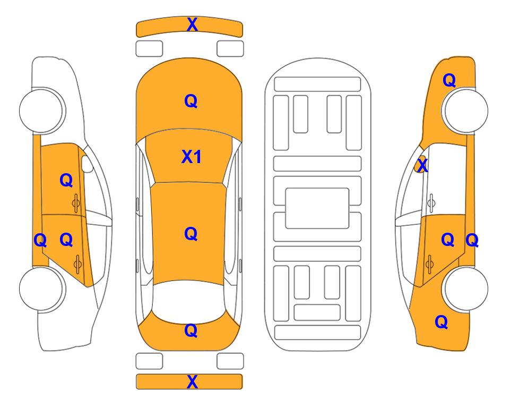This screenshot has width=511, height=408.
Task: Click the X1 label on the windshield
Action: click(x=192, y=157)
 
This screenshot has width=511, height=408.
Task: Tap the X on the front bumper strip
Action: click(x=192, y=24)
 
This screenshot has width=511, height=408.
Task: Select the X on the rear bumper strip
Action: click(x=192, y=381)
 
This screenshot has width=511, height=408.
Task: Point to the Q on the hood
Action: click(x=191, y=101)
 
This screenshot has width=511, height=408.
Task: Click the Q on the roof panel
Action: click(x=191, y=234)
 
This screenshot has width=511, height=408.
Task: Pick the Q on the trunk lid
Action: click(x=191, y=330)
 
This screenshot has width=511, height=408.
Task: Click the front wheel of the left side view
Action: click(x=41, y=110)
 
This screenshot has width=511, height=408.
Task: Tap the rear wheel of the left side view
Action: click(x=41, y=288)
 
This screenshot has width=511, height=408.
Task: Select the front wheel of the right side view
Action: click(x=465, y=110)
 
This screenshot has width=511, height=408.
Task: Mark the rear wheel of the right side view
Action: click(x=466, y=288)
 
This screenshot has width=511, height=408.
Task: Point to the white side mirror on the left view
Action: click(x=87, y=164)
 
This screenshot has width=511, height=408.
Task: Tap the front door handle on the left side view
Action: click(x=76, y=203)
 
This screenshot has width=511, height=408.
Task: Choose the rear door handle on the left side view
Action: click(x=77, y=263)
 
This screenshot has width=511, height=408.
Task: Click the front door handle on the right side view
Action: click(x=431, y=203)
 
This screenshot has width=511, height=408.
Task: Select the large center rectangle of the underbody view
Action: click(x=317, y=208)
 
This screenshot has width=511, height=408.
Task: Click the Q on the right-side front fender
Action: click(x=449, y=80)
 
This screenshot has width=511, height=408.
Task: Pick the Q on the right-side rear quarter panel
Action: click(x=441, y=322)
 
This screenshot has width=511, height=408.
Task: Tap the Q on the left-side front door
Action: click(x=66, y=180)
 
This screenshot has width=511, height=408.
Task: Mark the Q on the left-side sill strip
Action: click(x=40, y=241)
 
